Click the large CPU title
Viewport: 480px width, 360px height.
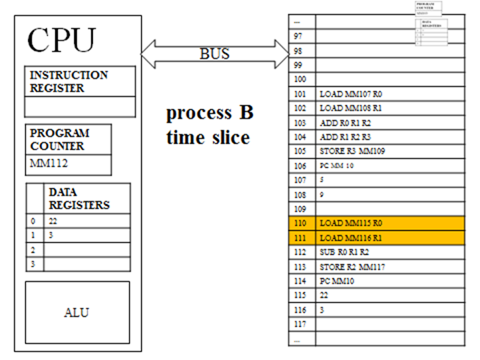tap(61, 41)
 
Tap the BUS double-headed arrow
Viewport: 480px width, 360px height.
tap(214, 53)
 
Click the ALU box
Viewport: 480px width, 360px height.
tap(77, 312)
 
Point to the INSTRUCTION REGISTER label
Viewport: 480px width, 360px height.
tap(68, 81)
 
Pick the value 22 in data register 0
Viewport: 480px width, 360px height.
tap(54, 221)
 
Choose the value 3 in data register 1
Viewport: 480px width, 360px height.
tap(51, 235)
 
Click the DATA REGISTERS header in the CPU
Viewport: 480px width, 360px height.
tap(79, 198)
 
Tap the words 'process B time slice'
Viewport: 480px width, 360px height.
tap(209, 125)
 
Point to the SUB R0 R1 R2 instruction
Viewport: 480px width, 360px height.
tap(344, 252)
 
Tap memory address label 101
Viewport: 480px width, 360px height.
tap(298, 94)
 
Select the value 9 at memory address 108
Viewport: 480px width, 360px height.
tap(322, 194)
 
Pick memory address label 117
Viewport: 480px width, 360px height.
tap(298, 325)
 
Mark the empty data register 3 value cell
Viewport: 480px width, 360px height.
tap(87, 264)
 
